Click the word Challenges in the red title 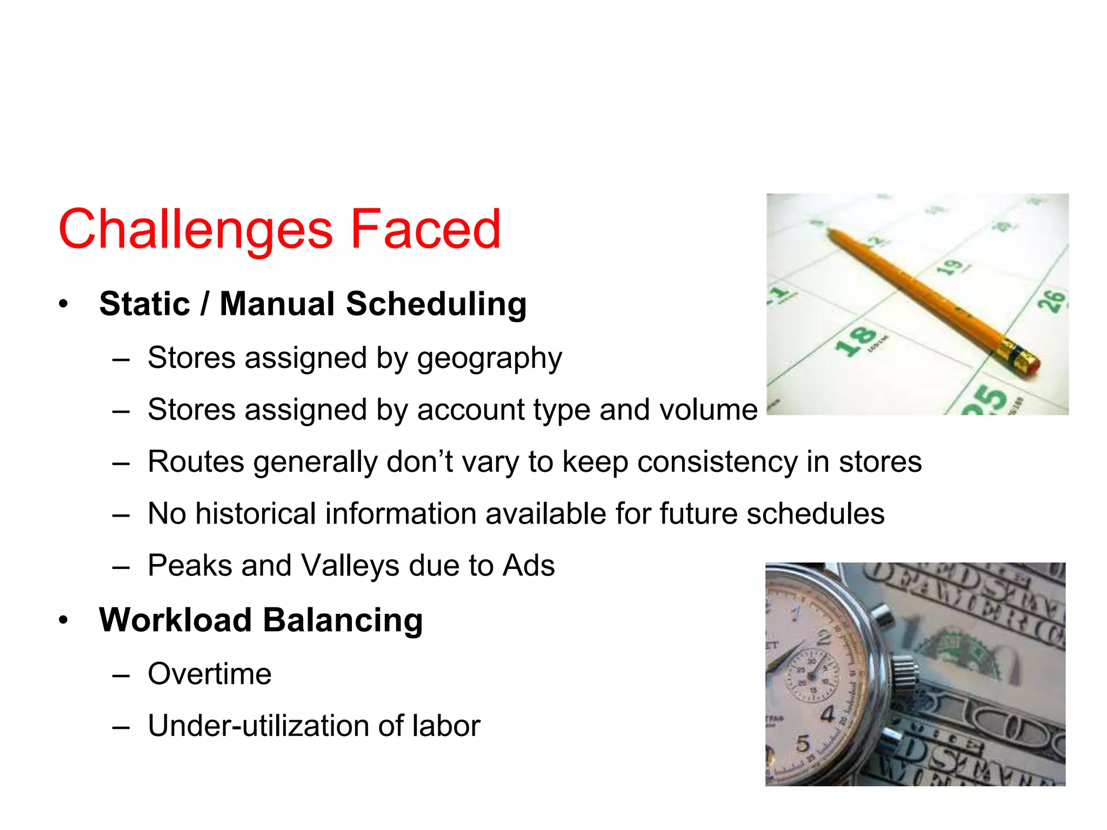[x=195, y=230]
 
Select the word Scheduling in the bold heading [x=436, y=304]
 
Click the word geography [x=489, y=358]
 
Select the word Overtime [x=209, y=674]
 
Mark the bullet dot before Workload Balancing [x=64, y=620]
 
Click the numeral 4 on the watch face [x=828, y=714]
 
